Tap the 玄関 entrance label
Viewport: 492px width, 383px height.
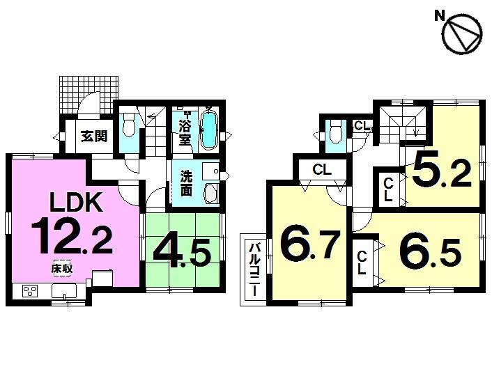click(93, 136)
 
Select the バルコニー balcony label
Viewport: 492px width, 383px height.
click(256, 268)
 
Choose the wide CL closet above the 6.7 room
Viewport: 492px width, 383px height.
click(321, 169)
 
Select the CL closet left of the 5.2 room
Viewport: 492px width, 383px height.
click(388, 189)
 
